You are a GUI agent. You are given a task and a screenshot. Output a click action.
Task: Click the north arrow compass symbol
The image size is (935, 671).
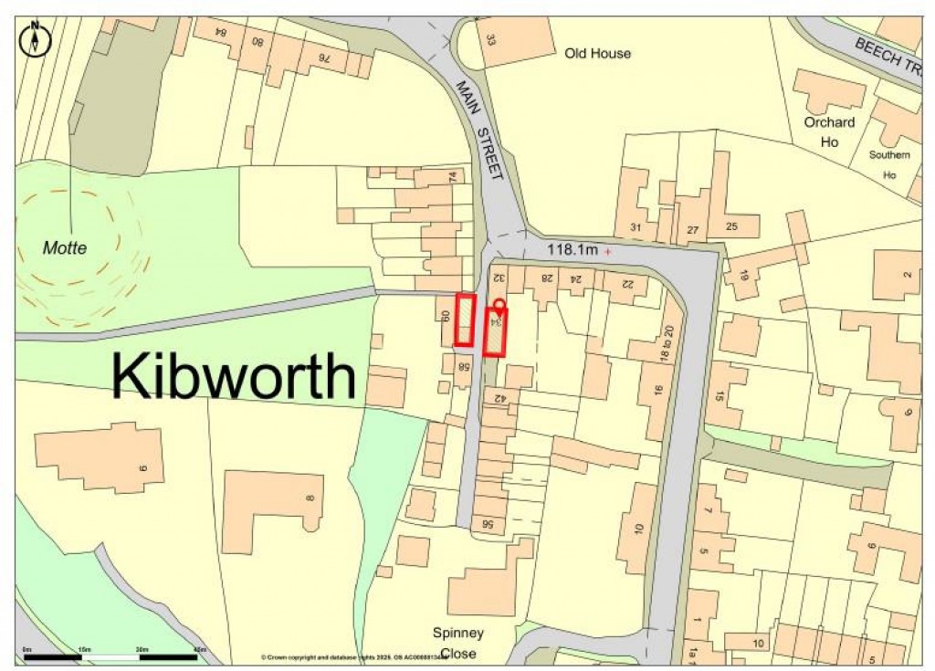36,40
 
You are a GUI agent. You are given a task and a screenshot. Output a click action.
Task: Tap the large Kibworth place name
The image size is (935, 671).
234,376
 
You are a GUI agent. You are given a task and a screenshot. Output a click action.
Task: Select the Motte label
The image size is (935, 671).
65,247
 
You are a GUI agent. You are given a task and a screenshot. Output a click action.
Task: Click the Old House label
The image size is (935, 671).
597,54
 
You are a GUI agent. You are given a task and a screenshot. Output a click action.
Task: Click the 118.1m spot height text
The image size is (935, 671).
572,248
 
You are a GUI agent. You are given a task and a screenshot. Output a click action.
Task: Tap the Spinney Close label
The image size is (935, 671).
458,643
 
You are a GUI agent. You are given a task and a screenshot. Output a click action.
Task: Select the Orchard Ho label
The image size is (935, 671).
829,131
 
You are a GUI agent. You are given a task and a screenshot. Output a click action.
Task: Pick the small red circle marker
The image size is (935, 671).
499,304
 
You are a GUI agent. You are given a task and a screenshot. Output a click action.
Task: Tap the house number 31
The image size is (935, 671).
636,227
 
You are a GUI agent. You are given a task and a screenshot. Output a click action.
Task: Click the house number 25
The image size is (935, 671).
730,225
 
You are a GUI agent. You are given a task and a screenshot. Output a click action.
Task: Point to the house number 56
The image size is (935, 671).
488,524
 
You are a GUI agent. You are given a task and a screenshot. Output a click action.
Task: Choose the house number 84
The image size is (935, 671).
220,32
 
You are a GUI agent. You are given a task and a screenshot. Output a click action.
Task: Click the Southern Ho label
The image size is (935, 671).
888,163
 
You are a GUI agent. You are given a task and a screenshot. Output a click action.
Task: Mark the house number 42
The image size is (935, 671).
499,398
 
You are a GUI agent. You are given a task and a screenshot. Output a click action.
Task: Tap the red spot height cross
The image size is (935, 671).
608,249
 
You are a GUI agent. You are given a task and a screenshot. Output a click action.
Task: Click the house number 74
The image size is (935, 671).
450,176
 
